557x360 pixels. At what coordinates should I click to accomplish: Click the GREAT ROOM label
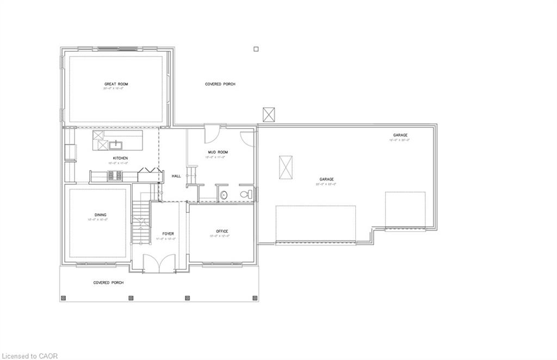[116, 84]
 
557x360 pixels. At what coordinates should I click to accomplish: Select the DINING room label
[100, 215]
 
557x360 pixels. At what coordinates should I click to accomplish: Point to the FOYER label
[168, 234]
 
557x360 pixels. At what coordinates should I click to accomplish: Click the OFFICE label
[221, 231]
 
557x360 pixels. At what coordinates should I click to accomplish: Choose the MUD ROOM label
[218, 152]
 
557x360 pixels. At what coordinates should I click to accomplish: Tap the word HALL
[176, 176]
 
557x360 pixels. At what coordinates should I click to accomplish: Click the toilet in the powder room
[245, 194]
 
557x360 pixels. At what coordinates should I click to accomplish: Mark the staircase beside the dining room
[141, 223]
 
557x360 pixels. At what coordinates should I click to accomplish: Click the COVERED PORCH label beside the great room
[220, 84]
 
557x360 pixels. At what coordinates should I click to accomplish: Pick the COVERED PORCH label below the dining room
[108, 283]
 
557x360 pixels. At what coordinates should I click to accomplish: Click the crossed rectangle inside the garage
[286, 167]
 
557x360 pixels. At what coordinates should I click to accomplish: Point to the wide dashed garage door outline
[315, 223]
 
